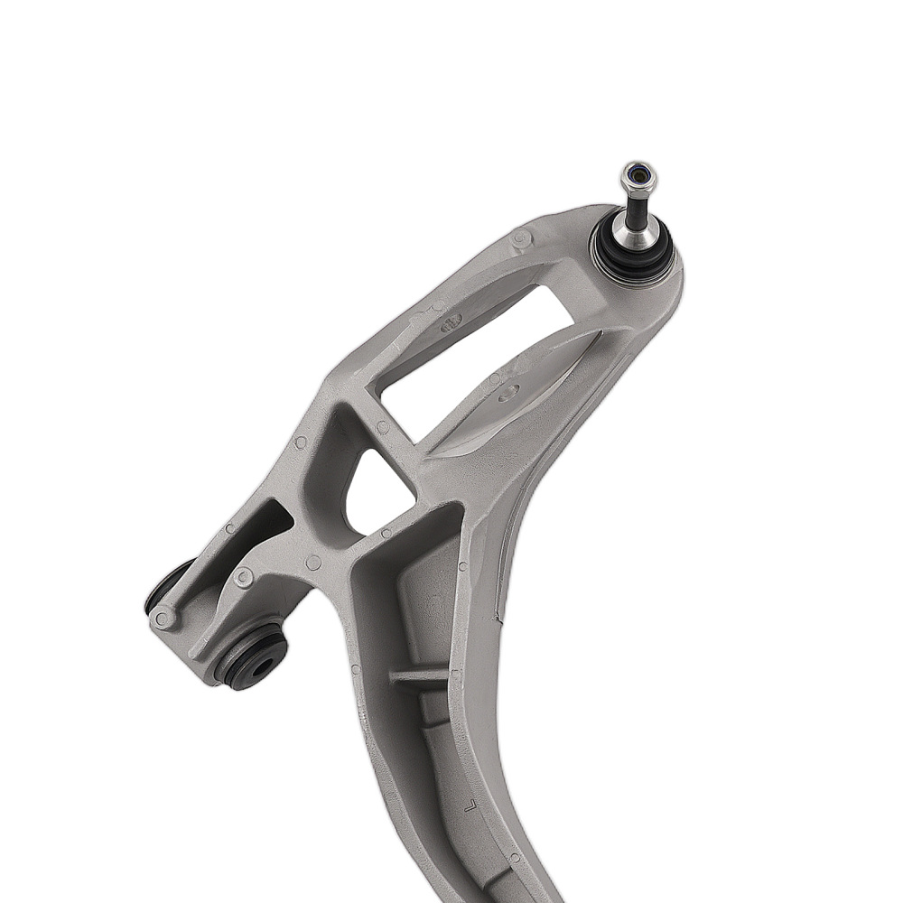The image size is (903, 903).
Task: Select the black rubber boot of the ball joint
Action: click(632, 258)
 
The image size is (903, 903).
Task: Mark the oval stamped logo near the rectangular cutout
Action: click(451, 323)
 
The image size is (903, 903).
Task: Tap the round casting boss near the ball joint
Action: click(521, 238)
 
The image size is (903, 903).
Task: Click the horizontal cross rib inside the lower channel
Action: click(418, 675)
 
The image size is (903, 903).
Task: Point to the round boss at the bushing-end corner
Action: click(163, 619)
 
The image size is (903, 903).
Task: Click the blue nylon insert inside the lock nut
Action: click(638, 172)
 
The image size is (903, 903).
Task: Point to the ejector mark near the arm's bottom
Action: click(515, 858)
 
